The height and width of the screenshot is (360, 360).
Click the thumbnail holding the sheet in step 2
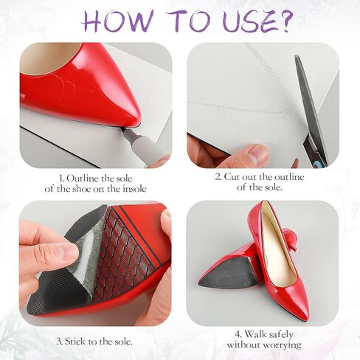pos(257,152)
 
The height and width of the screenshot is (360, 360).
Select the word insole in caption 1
pos(134,189)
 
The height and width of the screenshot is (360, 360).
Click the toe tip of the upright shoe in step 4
pos(305,314)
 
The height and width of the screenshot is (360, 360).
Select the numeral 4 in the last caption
pos(238,334)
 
